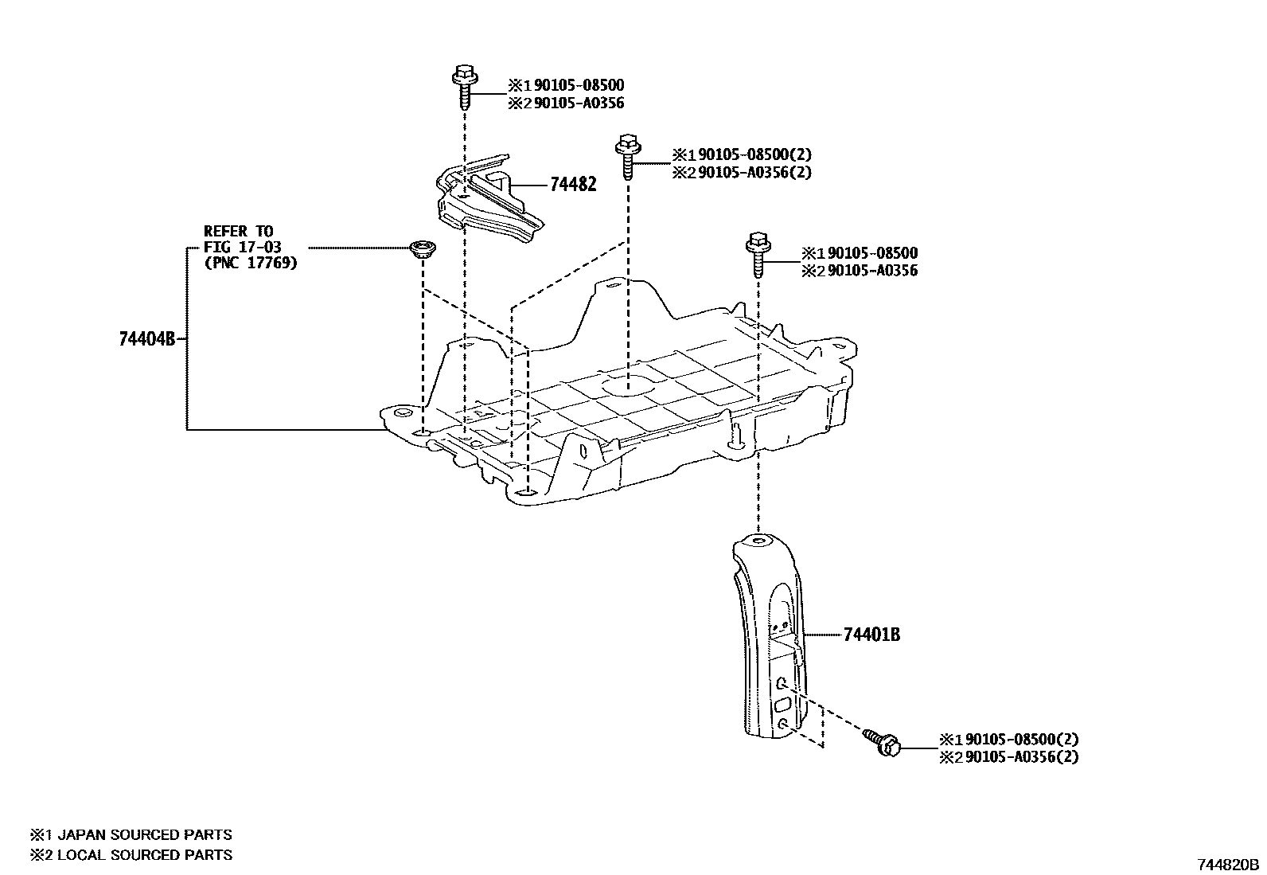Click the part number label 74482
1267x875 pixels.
572,185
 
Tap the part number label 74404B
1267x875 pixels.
146,339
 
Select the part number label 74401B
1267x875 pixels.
871,635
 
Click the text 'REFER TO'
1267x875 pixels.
238,232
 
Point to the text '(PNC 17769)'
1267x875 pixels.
251,263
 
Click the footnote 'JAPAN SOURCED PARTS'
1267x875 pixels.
142,834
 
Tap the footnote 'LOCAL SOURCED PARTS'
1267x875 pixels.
142,855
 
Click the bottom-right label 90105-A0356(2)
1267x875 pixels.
1020,756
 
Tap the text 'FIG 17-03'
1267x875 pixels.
242,248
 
